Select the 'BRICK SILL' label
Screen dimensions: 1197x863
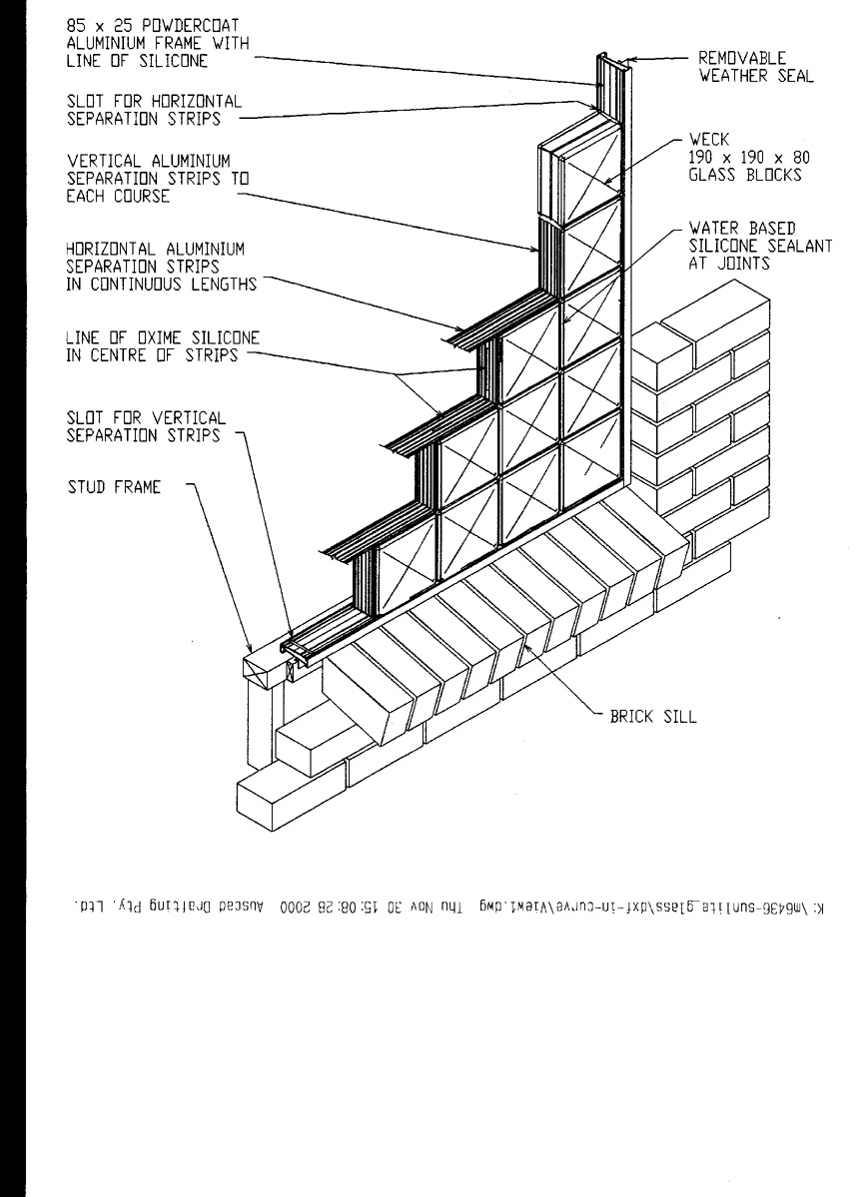pos(648,717)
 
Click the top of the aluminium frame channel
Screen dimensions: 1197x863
pos(610,58)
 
